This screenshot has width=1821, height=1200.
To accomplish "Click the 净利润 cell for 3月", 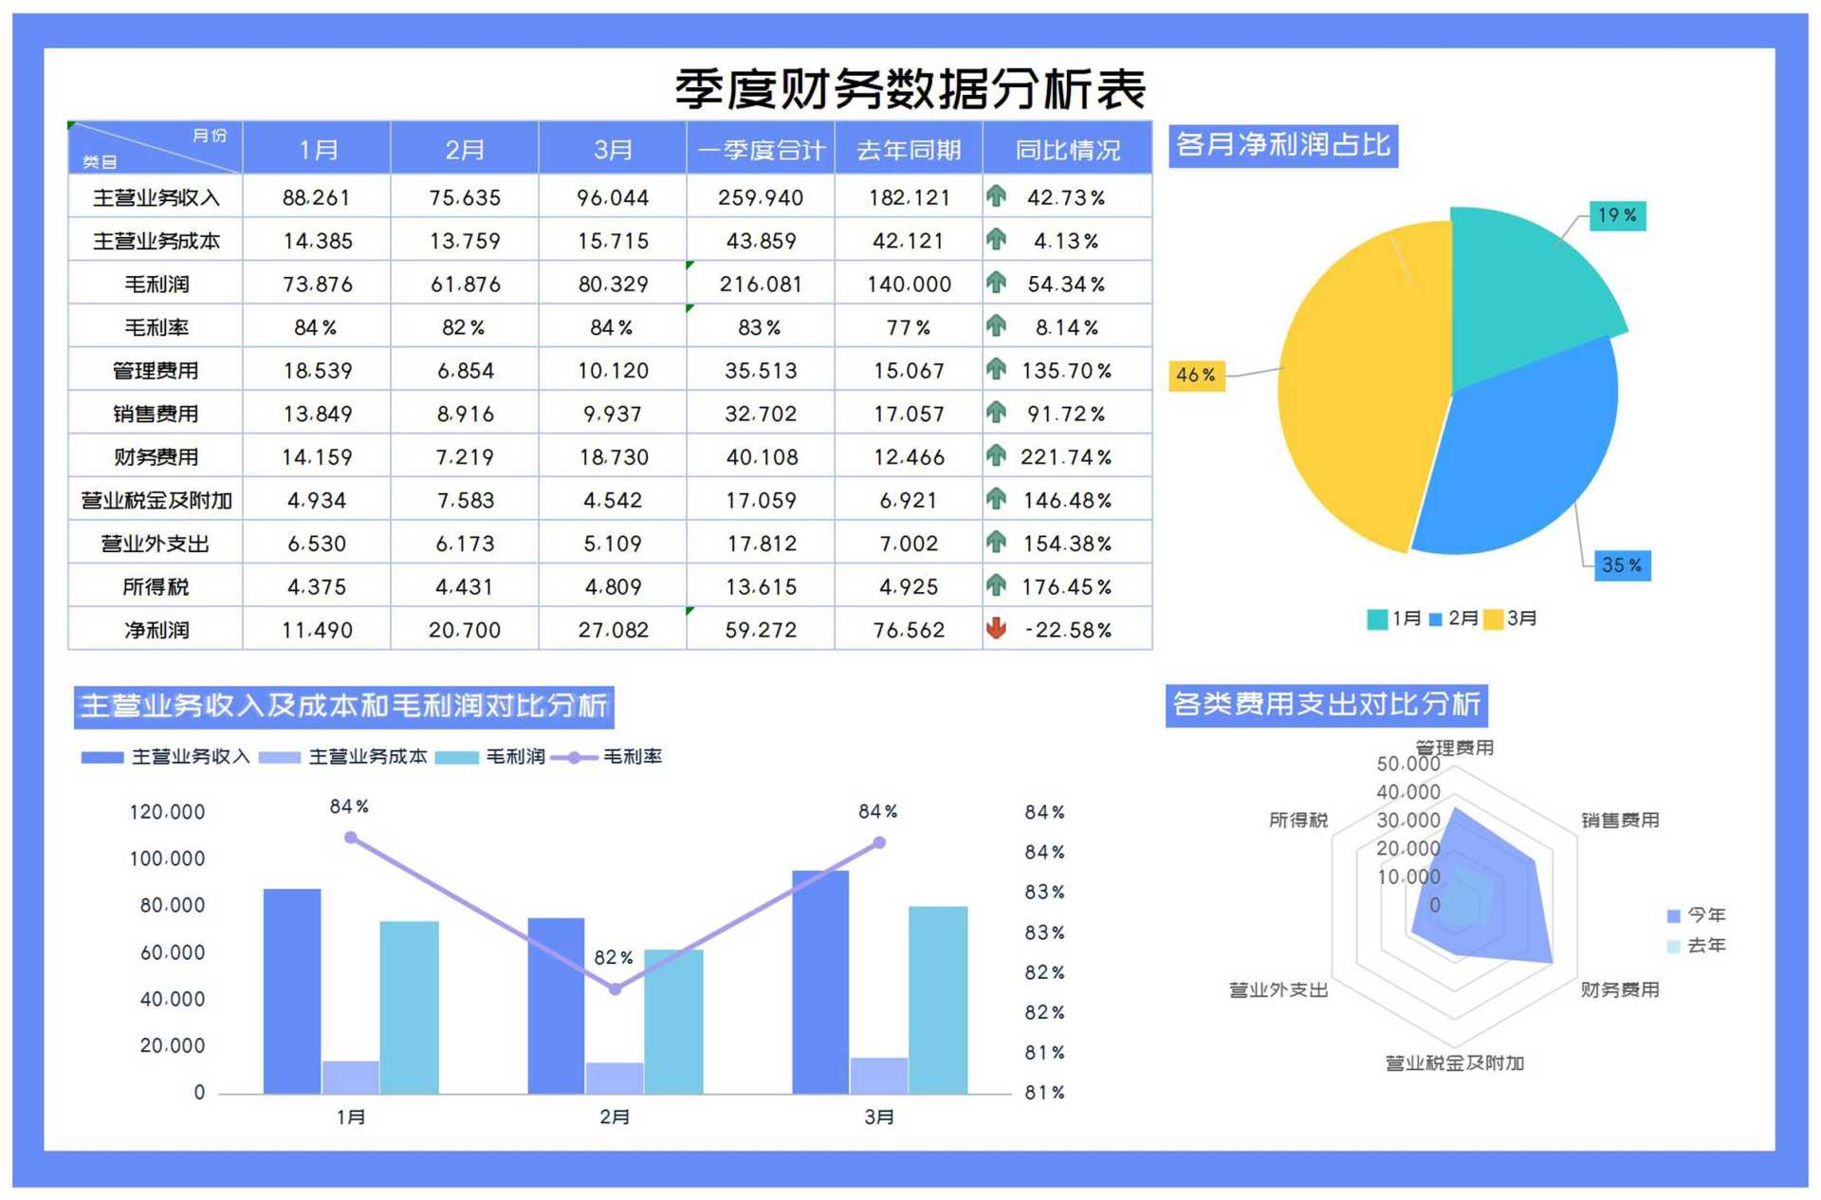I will pyautogui.click(x=613, y=630).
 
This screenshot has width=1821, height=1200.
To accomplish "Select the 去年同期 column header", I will pyautogui.click(x=908, y=150).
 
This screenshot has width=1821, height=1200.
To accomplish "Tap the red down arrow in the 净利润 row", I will pyautogui.click(x=996, y=628).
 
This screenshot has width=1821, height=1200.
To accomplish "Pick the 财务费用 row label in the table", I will pyautogui.click(x=156, y=457).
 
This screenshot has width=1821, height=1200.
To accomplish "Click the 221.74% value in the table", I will pyautogui.click(x=1065, y=457).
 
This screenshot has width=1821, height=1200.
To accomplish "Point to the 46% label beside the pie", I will pyautogui.click(x=1195, y=375).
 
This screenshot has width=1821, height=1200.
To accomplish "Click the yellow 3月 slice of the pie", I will pyautogui.click(x=1356, y=389).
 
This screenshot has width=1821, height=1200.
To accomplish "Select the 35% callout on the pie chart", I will pyautogui.click(x=1621, y=565).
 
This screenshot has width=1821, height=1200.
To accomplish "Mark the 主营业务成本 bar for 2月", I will pyautogui.click(x=614, y=1078).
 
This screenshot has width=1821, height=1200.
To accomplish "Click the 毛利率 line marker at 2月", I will pyautogui.click(x=615, y=989).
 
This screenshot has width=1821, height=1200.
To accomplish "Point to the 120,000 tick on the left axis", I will pyautogui.click(x=167, y=812).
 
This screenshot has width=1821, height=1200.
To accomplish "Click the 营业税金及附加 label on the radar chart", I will pyautogui.click(x=1454, y=1063).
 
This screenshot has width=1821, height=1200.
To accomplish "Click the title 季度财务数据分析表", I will pyautogui.click(x=910, y=89).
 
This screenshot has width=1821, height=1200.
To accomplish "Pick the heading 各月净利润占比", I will pyautogui.click(x=1282, y=145).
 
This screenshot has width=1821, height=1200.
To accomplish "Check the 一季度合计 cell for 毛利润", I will pyautogui.click(x=760, y=284).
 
